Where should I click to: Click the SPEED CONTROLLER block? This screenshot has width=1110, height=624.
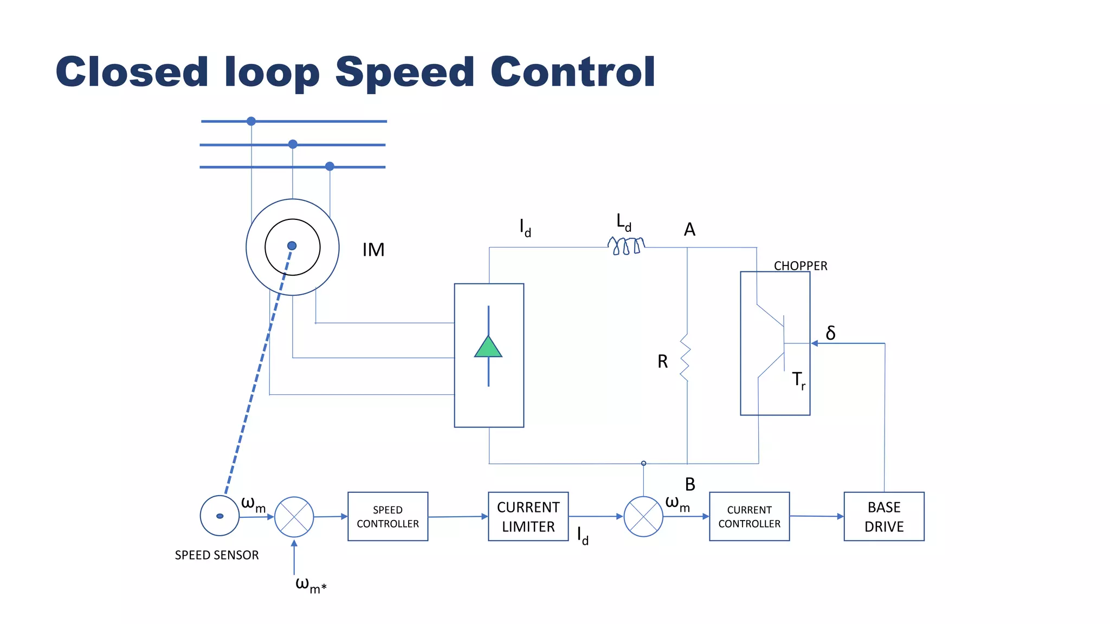pos(388,516)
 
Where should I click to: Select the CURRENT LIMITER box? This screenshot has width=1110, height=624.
pos(528,516)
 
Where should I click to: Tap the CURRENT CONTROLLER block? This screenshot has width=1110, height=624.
pos(749,516)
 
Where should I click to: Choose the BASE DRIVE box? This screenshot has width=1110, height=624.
pos(883,516)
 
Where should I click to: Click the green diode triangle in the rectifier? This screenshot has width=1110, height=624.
pos(488,347)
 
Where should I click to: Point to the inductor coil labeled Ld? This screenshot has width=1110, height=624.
pos(626,245)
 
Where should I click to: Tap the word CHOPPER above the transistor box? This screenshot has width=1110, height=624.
pos(800,266)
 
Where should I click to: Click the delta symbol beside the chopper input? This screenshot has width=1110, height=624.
pos(830,333)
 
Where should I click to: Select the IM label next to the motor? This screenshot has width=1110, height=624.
pos(373,250)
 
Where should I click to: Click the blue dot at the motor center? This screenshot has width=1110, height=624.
pos(292,246)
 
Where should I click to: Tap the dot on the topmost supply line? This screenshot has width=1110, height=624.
pos(251,121)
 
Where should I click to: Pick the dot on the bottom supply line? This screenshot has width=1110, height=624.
pos(330,166)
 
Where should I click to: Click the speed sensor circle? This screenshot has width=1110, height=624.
pos(220,516)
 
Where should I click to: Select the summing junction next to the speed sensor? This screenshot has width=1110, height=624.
pos(294,517)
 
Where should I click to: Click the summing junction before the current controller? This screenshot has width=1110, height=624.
pos(643,517)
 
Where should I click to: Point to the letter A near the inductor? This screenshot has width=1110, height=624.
pos(689,230)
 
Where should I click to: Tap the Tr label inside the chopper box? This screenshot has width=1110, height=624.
pos(798,380)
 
